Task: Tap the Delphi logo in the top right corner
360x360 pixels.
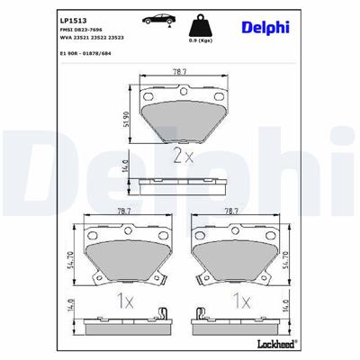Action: [x=267, y=26]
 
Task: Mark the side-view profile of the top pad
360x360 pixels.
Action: [x=180, y=185]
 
